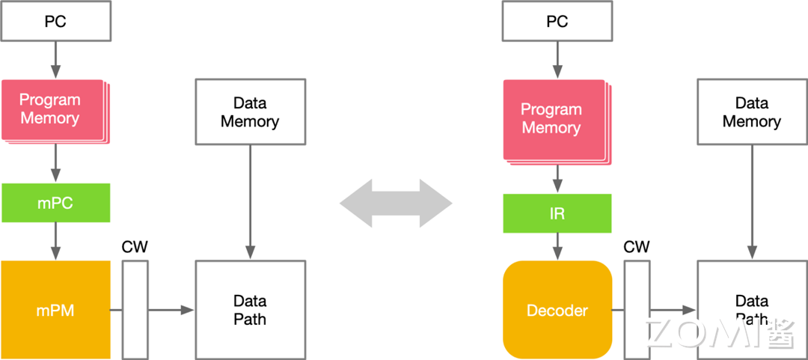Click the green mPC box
point(56,203)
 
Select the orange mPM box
point(56,309)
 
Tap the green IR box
point(557,213)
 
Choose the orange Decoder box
point(557,310)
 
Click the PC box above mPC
point(56,22)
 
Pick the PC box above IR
point(557,22)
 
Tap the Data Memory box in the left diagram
point(250,112)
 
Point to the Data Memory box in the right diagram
point(752,112)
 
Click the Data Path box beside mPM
point(250,309)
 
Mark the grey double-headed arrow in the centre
point(397,203)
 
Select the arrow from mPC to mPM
point(56,241)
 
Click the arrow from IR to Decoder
point(557,246)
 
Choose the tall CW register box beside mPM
point(135,310)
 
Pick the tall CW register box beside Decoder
point(637,310)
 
